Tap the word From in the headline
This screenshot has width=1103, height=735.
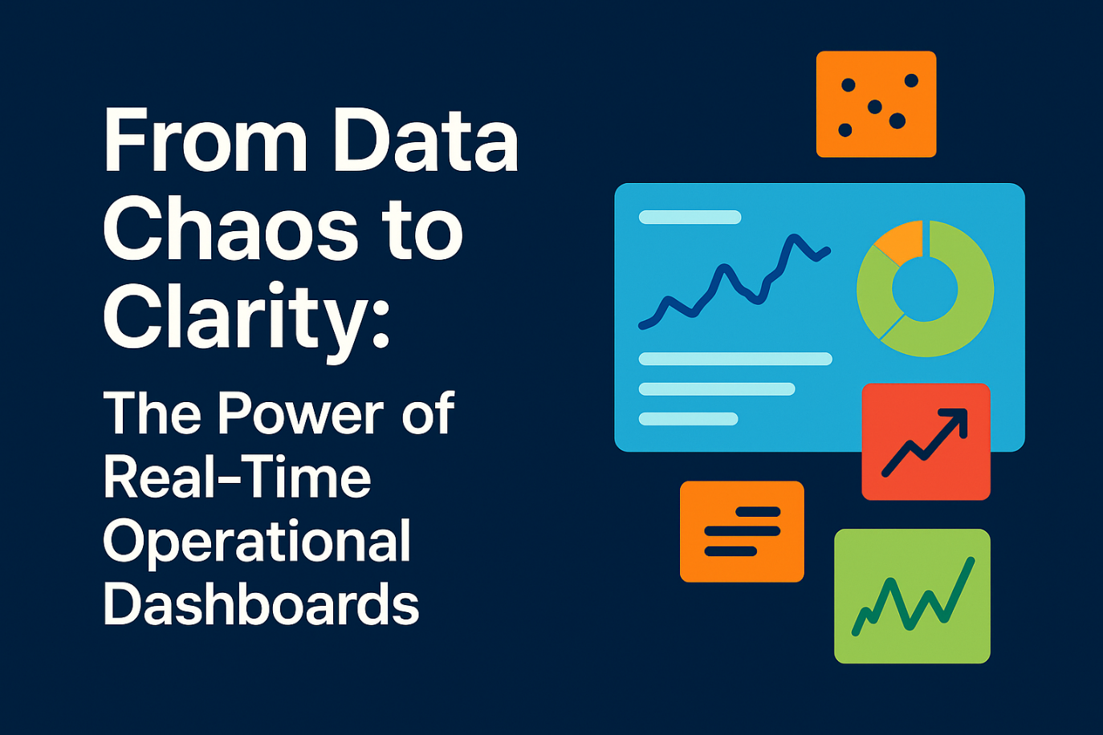pos(206,140)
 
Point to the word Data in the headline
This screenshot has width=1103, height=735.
pos(425,140)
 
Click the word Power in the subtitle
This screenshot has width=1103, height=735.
pos(300,412)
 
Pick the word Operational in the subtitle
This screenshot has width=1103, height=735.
pos(257,543)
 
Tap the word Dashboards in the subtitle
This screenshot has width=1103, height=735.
pos(261,603)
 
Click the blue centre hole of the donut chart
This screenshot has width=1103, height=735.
pos(924,290)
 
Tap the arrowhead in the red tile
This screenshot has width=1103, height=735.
pos(955,421)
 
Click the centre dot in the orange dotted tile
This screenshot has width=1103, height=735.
pos(874,107)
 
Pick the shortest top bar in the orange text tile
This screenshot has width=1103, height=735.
pos(759,512)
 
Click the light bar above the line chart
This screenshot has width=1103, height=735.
pos(690,217)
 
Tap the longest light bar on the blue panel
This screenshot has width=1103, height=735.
pos(735,359)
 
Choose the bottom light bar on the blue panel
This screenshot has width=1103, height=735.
pos(688,419)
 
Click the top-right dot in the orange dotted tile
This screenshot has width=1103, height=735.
pos(911,80)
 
